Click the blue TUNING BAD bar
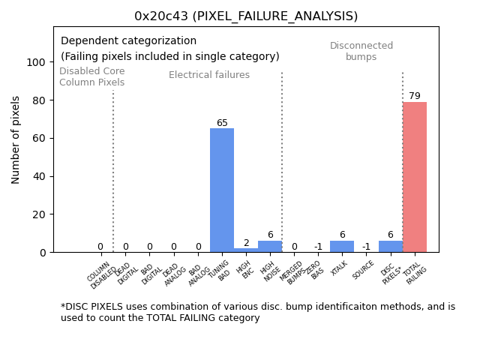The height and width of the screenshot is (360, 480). pyautogui.click(x=222, y=190)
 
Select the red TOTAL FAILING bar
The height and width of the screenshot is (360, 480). pyautogui.click(x=415, y=177)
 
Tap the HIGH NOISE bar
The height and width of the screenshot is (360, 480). pyautogui.click(x=270, y=247)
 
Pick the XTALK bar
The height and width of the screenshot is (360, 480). pyautogui.click(x=342, y=247)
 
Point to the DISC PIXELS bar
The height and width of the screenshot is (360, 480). pyautogui.click(x=390, y=247)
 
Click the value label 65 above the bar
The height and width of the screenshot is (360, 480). pyautogui.click(x=222, y=123)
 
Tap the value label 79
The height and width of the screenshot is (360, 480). pyautogui.click(x=415, y=96)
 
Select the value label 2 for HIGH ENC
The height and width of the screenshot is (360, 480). pyautogui.click(x=246, y=243)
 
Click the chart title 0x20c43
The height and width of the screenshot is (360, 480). pyautogui.click(x=246, y=16)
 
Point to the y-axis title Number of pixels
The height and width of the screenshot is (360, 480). pyautogui.click(x=16, y=139)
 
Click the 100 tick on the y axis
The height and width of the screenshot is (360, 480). pyautogui.click(x=35, y=62)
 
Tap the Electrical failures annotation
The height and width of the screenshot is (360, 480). pyautogui.click(x=209, y=75)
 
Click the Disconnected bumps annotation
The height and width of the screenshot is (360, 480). pyautogui.click(x=361, y=51)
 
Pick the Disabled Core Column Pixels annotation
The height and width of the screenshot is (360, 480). pyautogui.click(x=92, y=76)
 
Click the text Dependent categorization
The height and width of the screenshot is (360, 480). pyautogui.click(x=128, y=41)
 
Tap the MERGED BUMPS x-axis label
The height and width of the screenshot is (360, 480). pyautogui.click(x=292, y=273)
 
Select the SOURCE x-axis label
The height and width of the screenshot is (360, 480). pyautogui.click(x=364, y=270)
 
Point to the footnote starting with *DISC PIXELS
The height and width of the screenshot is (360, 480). pyautogui.click(x=258, y=312)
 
